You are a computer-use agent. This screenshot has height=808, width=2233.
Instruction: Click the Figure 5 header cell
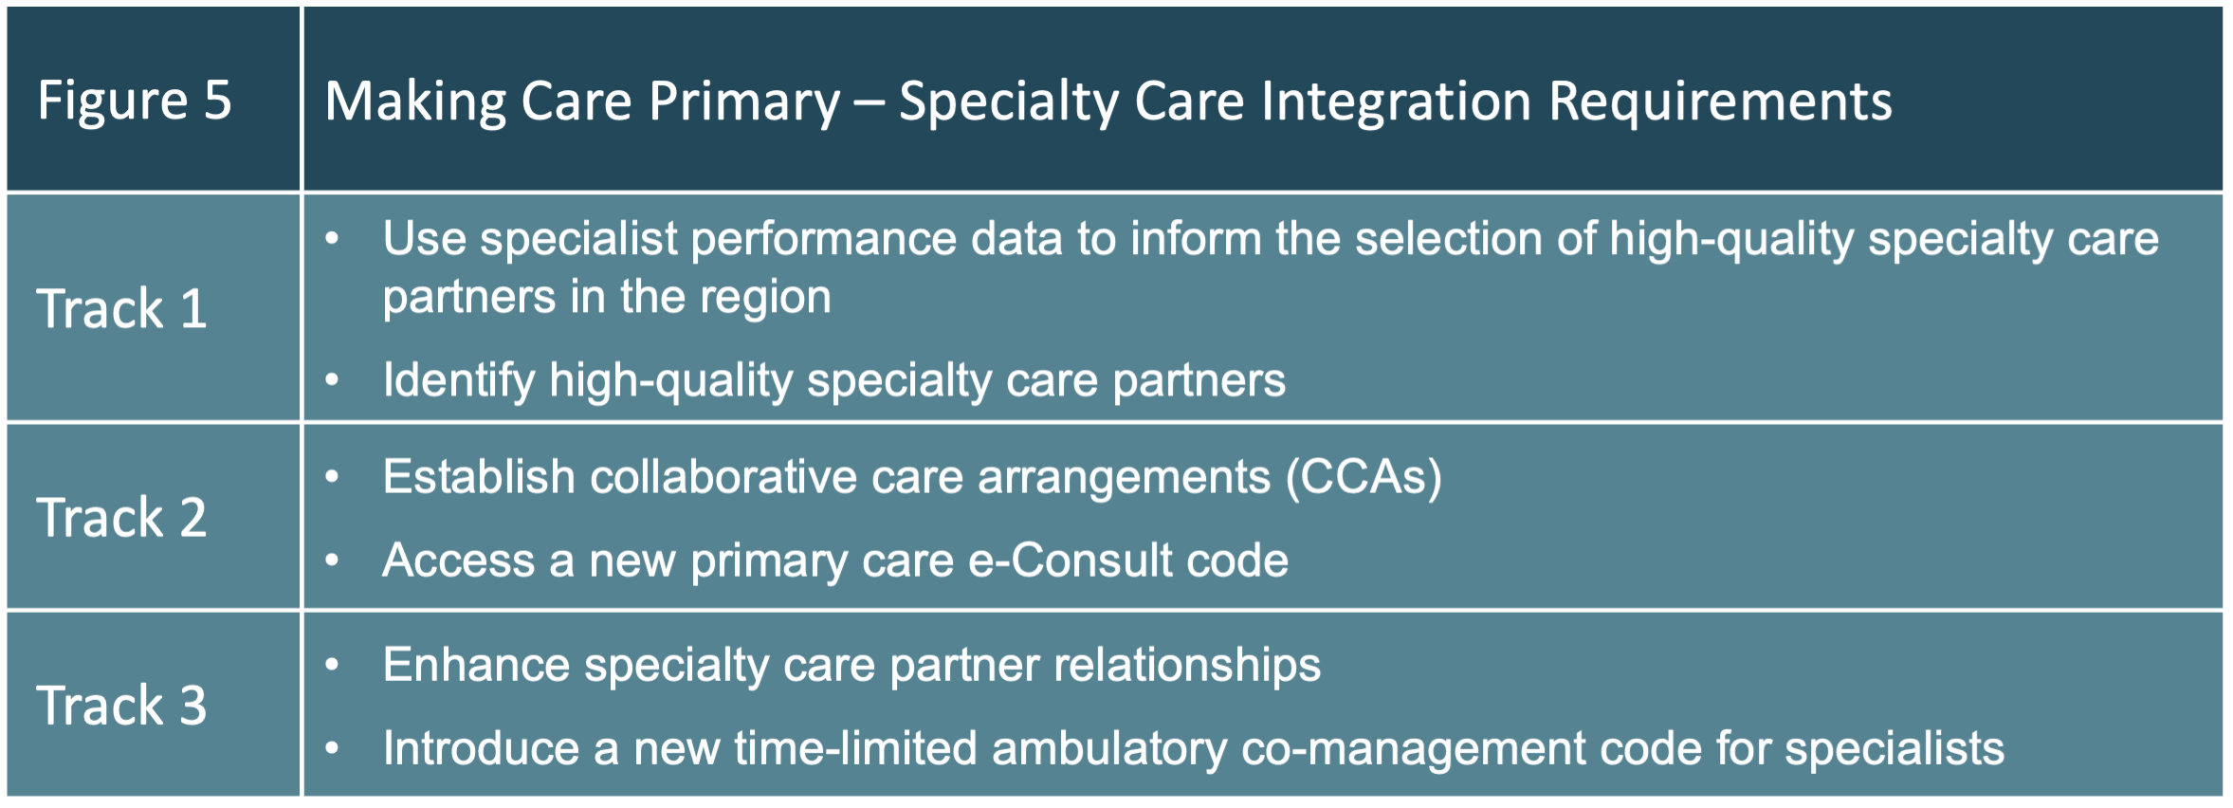point(135,101)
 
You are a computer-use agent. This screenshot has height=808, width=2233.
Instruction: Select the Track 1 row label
point(122,309)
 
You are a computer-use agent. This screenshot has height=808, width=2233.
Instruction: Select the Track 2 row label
point(122,518)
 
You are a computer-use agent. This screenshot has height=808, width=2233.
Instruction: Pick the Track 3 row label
point(122,706)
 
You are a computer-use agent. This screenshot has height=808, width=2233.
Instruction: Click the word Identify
point(459,380)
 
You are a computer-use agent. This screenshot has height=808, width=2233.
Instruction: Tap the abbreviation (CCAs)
point(1364,476)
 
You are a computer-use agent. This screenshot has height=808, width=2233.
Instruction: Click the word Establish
point(479,476)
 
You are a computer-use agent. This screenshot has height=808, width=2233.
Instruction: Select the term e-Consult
point(1070,560)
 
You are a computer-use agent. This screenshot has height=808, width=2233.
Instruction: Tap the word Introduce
point(481,747)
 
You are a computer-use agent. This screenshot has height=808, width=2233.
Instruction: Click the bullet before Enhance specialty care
point(332,664)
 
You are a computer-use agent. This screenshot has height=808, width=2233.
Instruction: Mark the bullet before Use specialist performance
point(332,239)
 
